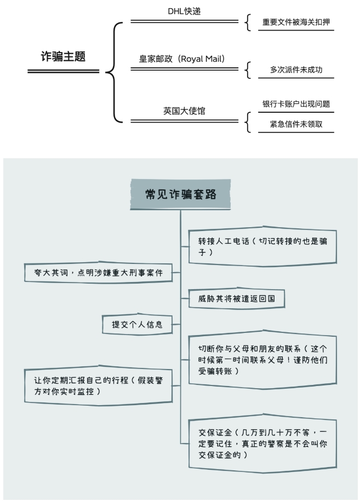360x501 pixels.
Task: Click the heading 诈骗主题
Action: click(x=64, y=56)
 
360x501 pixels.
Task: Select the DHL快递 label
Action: click(x=184, y=11)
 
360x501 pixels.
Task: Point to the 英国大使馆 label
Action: click(x=184, y=111)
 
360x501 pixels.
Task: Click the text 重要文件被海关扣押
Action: click(x=296, y=22)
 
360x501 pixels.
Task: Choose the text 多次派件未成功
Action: click(x=296, y=70)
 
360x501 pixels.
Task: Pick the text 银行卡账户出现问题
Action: click(x=296, y=104)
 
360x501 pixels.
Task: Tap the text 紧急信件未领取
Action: click(x=296, y=124)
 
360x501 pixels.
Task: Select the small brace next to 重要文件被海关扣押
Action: click(x=248, y=22)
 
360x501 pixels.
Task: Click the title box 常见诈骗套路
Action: click(x=180, y=194)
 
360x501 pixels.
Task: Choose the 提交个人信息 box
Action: click(x=137, y=324)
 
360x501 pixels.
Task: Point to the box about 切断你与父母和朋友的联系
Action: click(x=262, y=359)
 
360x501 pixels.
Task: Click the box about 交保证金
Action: click(x=262, y=444)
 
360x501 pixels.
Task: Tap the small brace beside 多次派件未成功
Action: click(x=248, y=70)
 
